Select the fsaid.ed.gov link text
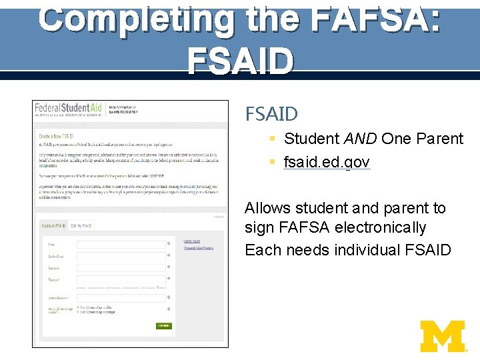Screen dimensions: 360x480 point(327,163)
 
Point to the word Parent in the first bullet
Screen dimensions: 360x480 point(439,139)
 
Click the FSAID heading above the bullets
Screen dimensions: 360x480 point(271,114)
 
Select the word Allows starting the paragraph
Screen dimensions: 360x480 point(267,208)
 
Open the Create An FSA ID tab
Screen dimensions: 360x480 point(54,226)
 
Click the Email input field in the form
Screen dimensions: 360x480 point(121,245)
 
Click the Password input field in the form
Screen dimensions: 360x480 point(121,279)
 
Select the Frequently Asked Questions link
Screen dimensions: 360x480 point(198,248)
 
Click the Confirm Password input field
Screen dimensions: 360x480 point(121,297)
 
